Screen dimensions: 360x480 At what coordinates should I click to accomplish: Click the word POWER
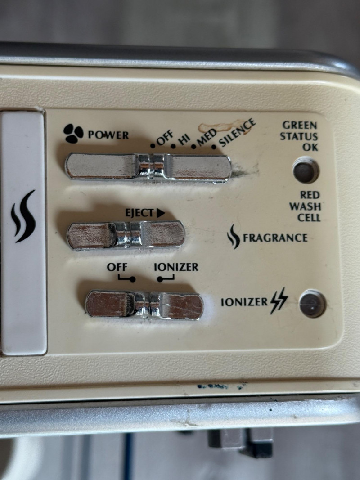pyautogui.click(x=108, y=135)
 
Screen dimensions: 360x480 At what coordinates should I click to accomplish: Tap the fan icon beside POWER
pyautogui.click(x=73, y=134)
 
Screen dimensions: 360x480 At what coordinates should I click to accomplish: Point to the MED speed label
pyautogui.click(x=207, y=137)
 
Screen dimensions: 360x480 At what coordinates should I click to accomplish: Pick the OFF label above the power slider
pyautogui.click(x=165, y=139)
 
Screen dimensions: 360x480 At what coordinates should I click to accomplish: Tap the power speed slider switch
pyautogui.click(x=148, y=168)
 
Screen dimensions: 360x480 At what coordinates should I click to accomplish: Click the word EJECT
pyautogui.click(x=139, y=213)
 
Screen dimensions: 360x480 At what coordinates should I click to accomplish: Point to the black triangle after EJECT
pyautogui.click(x=161, y=213)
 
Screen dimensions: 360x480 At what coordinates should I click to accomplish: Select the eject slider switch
pyautogui.click(x=126, y=235)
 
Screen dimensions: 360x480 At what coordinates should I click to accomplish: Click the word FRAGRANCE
pyautogui.click(x=275, y=238)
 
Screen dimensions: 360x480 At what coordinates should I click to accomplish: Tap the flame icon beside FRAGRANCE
pyautogui.click(x=234, y=236)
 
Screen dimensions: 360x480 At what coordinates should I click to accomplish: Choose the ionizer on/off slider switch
pyautogui.click(x=144, y=305)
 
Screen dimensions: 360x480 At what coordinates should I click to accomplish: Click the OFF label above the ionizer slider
pyautogui.click(x=117, y=267)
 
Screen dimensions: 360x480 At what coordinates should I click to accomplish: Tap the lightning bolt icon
pyautogui.click(x=279, y=301)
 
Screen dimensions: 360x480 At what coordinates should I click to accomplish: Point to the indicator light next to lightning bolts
pyautogui.click(x=312, y=304)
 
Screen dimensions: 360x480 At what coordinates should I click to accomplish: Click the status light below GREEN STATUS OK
pyautogui.click(x=306, y=170)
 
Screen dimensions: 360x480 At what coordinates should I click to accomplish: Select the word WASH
pyautogui.click(x=305, y=206)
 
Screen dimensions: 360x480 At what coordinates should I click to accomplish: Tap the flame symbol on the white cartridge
pyautogui.click(x=23, y=216)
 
